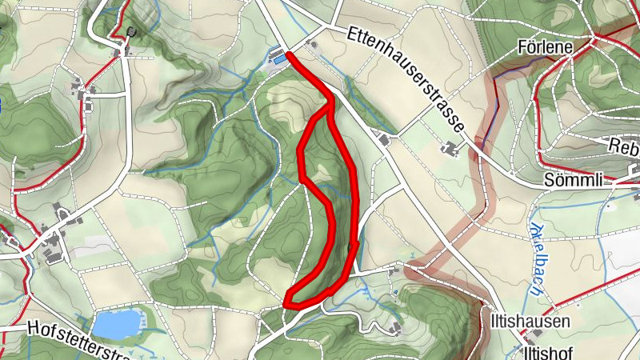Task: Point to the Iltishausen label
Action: [530, 322]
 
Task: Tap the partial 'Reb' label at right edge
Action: [624, 146]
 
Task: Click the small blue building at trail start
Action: [280, 58]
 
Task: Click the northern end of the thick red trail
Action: [289, 54]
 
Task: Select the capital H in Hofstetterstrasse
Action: [32, 328]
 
